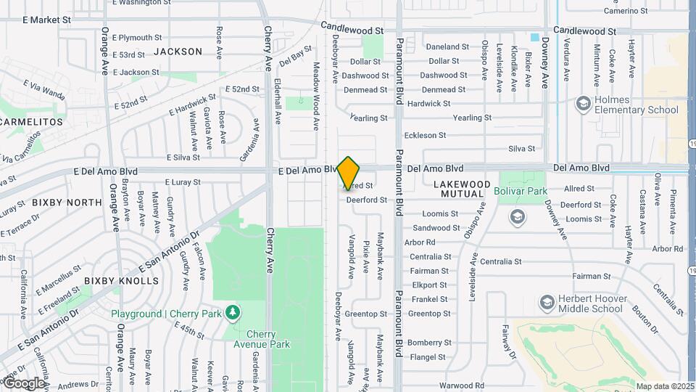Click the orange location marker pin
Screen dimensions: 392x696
coord(348,173)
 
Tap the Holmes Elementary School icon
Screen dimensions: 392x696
coord(583,104)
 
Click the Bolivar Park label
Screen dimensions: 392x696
coord(521,192)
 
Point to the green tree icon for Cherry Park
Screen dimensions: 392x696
coord(233,313)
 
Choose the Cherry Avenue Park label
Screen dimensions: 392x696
coord(266,339)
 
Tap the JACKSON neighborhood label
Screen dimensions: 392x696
coord(178,52)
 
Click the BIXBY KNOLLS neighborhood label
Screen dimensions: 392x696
coord(121,280)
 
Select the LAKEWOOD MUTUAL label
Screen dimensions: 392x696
coord(462,189)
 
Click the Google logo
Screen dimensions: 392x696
coord(24,383)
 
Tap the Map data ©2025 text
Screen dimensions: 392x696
coord(664,386)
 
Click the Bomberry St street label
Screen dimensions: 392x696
coord(429,343)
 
